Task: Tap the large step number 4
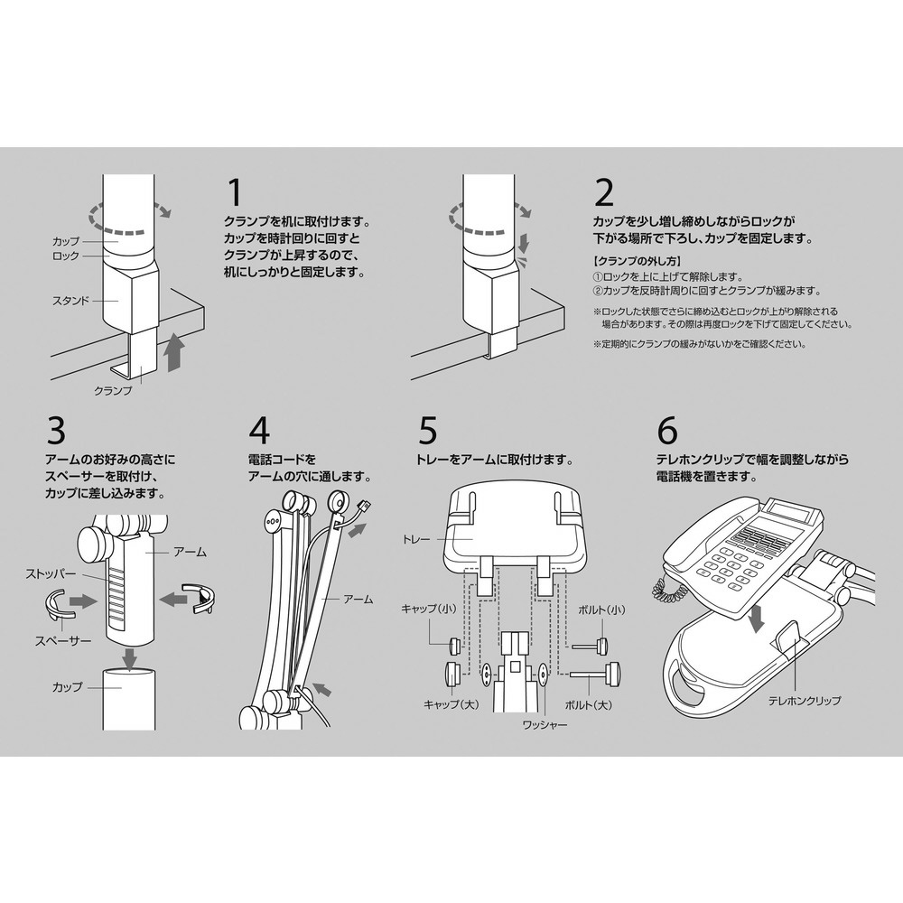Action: pos(259,432)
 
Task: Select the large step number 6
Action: pos(667,432)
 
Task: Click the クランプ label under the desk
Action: pos(113,390)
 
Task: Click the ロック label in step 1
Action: pos(67,256)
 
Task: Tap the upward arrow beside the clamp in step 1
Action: pos(174,350)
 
